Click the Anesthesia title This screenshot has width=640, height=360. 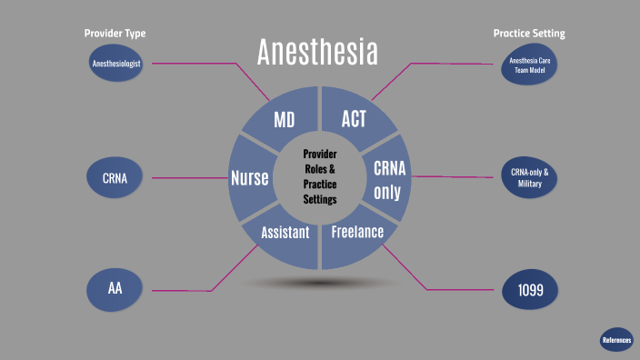coord(316,52)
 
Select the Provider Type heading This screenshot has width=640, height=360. coord(115,34)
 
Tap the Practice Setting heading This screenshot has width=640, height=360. coord(529,34)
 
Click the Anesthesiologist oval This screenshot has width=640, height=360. coord(115,63)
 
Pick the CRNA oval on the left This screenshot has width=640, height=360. coord(115,177)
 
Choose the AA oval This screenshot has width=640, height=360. coord(115,290)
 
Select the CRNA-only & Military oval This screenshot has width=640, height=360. coord(528,177)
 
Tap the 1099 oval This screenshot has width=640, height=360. coord(530,291)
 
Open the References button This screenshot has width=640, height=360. coord(616,339)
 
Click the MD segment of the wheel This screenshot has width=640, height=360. coord(284,119)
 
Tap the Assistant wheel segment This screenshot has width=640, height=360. coord(285,233)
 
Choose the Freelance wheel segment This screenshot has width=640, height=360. coord(356,233)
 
